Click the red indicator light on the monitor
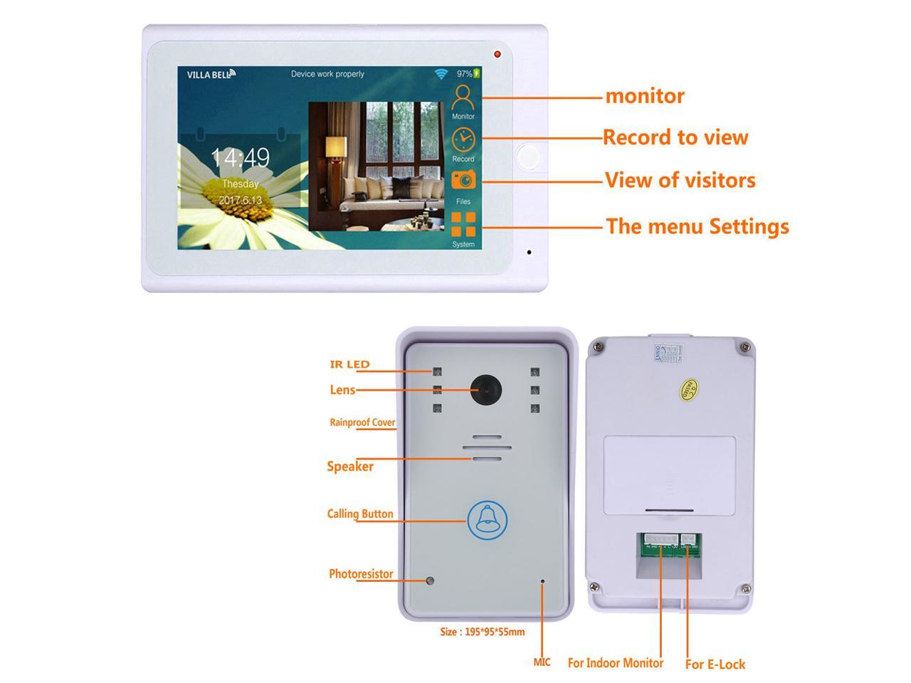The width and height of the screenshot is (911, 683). coord(497,54)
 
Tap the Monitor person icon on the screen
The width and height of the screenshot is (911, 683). coord(463,97)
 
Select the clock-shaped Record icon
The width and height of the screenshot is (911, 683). coord(463,139)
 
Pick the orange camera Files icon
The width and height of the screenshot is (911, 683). coord(463,179)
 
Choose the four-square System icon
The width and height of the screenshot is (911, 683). coord(463,224)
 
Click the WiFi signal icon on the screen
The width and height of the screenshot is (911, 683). coord(442,73)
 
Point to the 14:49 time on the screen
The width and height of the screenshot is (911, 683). coord(240,157)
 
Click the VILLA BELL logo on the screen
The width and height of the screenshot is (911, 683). coord(211,74)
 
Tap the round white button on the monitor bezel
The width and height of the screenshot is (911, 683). coord(529,156)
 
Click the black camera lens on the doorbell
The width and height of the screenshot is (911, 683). coord(485,391)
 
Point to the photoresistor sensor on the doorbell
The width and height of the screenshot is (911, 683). coord(430,581)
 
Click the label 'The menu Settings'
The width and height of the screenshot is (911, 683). coord(697,226)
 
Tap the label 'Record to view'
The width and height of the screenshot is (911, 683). coord(675,137)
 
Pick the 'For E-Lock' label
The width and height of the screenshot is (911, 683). coord(715,664)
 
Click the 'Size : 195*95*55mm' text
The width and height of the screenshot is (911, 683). coord(482,631)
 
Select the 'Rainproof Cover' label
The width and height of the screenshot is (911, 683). coord(362,422)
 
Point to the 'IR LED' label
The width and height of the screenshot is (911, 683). coord(349,364)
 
